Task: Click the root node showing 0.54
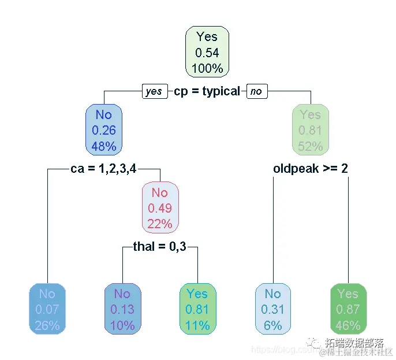(207, 53)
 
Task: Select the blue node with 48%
(104, 131)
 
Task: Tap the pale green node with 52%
(310, 131)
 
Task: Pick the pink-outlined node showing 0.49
(160, 207)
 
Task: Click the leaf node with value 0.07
(47, 310)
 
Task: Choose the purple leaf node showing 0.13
(122, 310)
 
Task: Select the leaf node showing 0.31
(272, 310)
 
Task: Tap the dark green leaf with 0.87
(348, 310)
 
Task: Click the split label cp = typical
(207, 92)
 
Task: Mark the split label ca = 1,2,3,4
(104, 169)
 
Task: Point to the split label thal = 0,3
(160, 247)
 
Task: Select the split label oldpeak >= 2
(310, 169)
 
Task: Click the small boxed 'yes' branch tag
(154, 92)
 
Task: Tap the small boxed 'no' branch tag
(256, 92)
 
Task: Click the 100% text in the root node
(207, 68)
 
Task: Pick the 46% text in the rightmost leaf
(348, 325)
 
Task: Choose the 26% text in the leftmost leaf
(47, 325)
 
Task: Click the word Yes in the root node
(207, 37)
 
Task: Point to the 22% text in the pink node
(160, 223)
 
